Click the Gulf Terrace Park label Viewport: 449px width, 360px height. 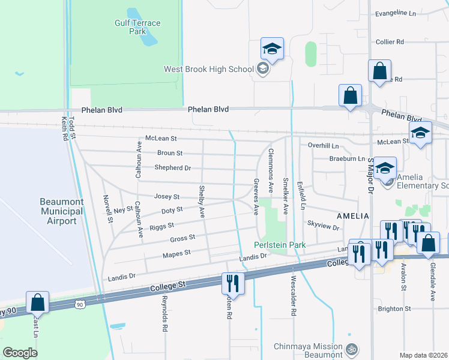click(137, 27)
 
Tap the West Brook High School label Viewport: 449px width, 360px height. click(209, 69)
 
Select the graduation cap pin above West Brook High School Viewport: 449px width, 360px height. click(272, 50)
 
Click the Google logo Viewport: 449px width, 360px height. click(20, 352)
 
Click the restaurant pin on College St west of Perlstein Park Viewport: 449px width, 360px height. click(232, 283)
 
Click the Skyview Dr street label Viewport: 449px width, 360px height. click(324, 228)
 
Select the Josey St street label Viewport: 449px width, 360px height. click(167, 196)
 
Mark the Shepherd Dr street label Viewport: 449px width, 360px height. click(172, 168)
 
